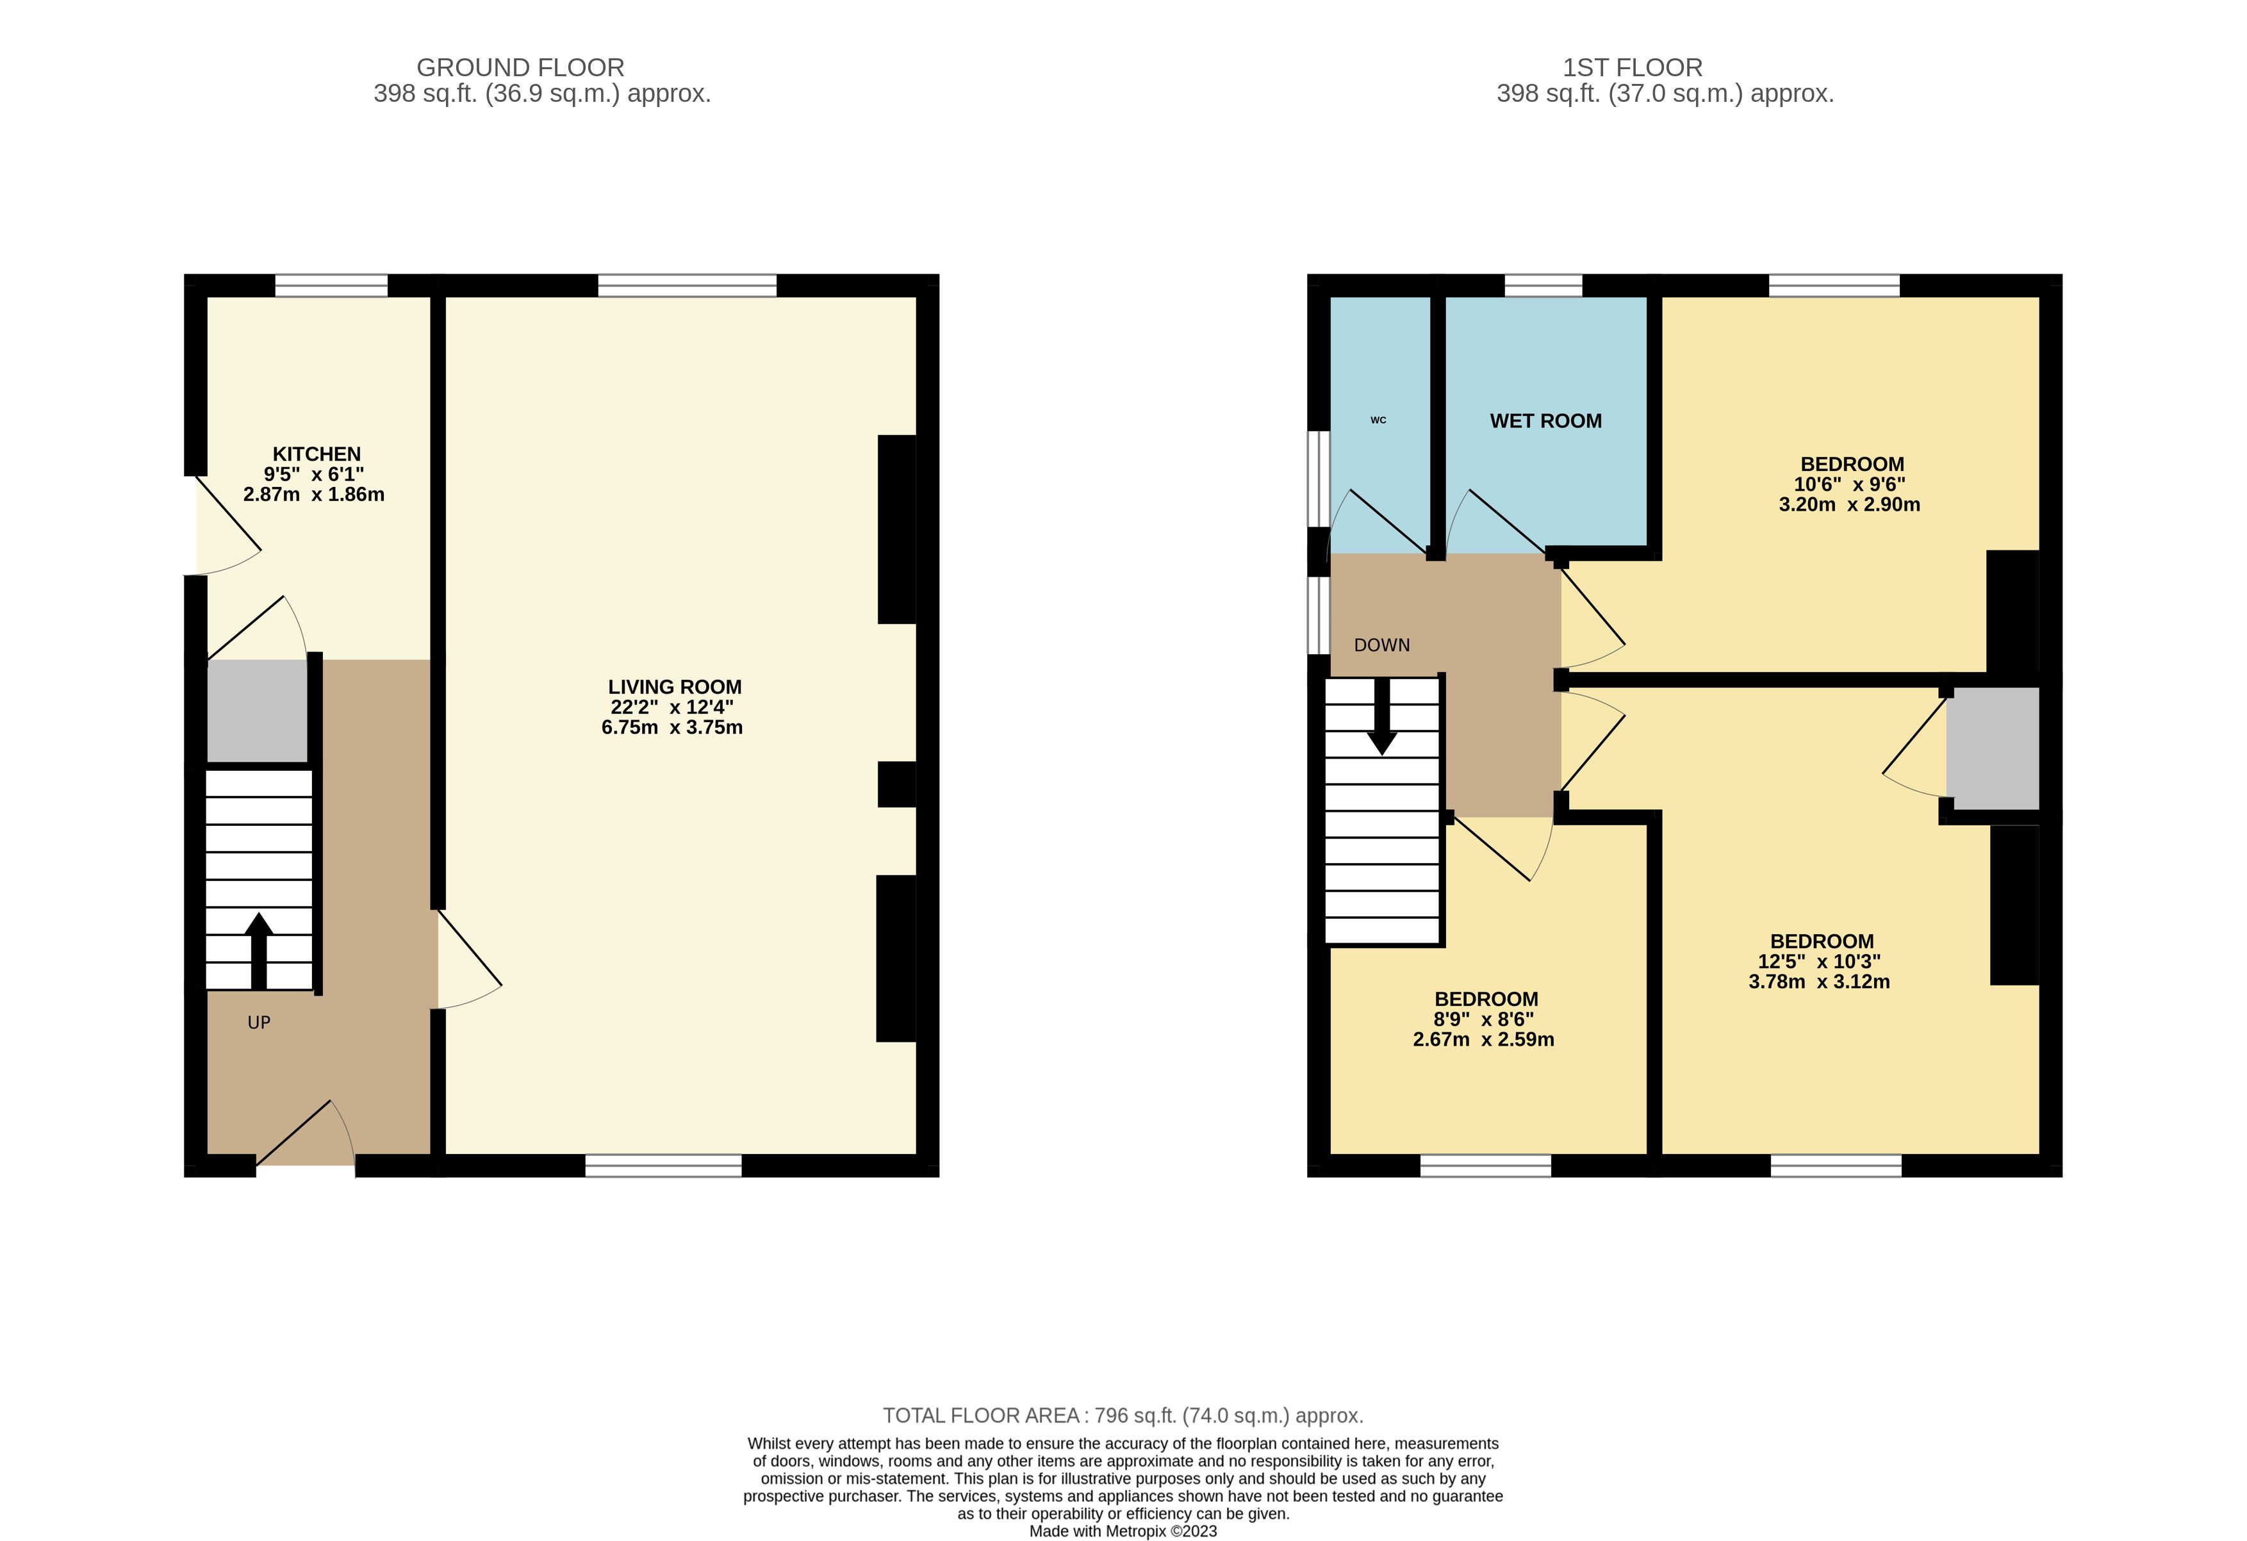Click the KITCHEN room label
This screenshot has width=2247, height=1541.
click(316, 454)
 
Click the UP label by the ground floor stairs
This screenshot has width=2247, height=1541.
click(259, 1023)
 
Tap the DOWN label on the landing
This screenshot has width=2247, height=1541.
click(1381, 645)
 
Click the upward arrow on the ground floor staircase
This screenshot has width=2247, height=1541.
click(258, 952)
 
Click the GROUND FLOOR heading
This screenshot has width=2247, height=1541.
click(520, 68)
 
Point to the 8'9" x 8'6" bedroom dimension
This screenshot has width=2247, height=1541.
click(1483, 1019)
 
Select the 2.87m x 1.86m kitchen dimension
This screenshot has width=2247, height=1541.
click(314, 495)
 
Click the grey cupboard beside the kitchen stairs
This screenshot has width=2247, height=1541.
click(257, 711)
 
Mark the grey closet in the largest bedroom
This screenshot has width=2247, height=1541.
click(1993, 748)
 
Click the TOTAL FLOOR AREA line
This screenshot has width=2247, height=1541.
click(1123, 1415)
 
